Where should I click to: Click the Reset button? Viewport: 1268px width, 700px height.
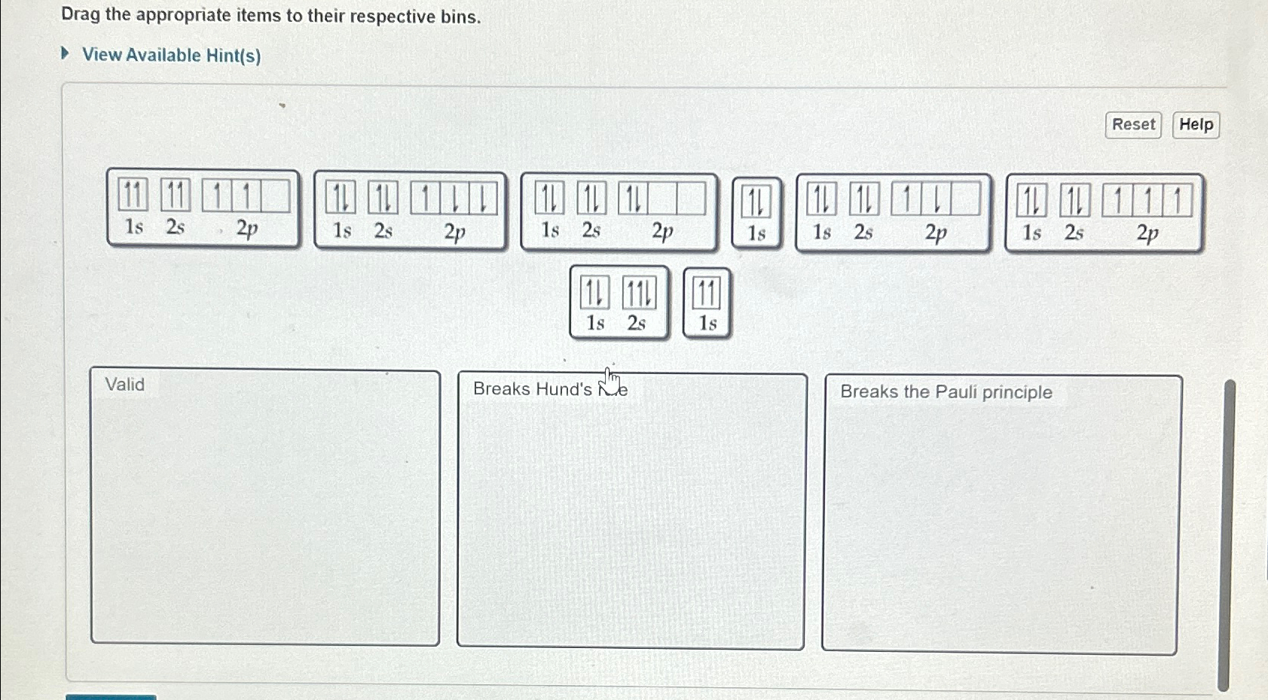click(1132, 125)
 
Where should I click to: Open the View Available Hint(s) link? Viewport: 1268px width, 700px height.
click(171, 56)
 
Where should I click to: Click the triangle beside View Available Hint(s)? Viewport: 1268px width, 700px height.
click(66, 53)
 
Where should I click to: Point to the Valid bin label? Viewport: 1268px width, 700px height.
click(125, 385)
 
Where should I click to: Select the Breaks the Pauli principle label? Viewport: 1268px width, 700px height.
click(946, 392)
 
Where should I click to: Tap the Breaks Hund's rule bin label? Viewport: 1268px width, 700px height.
click(549, 389)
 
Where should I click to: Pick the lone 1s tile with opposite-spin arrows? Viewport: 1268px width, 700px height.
click(756, 213)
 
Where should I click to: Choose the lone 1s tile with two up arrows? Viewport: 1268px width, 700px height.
click(707, 303)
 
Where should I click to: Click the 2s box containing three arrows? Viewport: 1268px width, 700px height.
click(639, 294)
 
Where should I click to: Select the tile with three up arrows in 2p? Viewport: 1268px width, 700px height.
click(1103, 213)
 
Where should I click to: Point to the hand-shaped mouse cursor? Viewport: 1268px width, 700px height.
click(611, 380)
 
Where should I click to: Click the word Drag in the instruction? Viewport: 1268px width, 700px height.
click(81, 15)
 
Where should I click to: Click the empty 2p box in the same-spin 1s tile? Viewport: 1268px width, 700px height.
click(275, 196)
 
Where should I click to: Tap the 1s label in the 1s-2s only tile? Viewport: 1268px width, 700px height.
click(595, 324)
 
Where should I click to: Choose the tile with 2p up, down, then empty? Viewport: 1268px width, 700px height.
click(893, 213)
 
